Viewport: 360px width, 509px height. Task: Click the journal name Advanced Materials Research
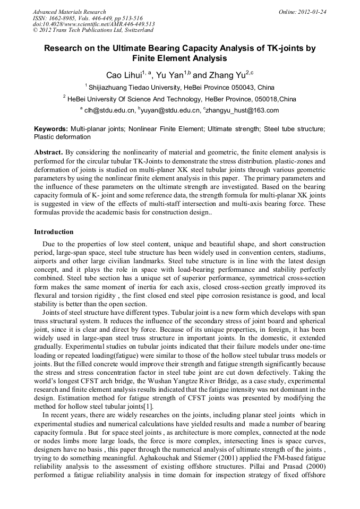[69, 12]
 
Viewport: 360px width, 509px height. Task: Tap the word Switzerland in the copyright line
[131, 30]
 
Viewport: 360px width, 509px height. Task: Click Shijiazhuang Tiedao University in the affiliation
[134, 87]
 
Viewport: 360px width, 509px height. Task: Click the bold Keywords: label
[51, 129]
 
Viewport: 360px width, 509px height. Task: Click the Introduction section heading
[54, 232]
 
